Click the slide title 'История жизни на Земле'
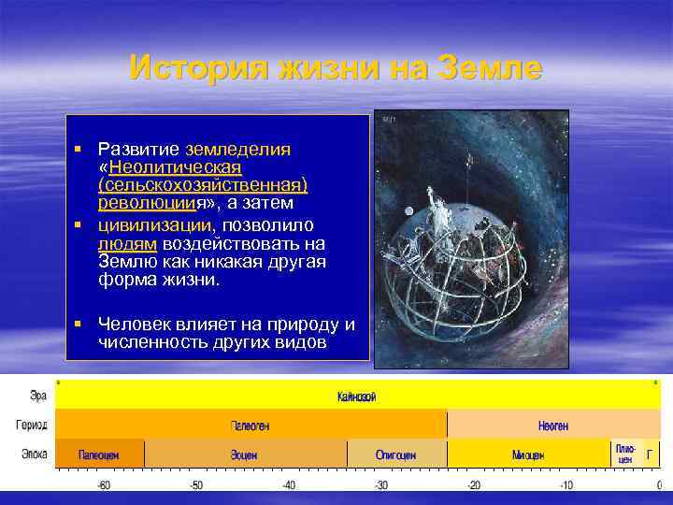point(336,68)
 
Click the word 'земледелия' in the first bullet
point(238,150)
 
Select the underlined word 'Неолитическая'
point(176,167)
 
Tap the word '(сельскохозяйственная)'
point(203,185)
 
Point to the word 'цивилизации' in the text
point(155,225)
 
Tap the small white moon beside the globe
point(408,209)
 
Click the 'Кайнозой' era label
point(356,397)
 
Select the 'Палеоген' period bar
point(250,426)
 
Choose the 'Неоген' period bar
point(552,426)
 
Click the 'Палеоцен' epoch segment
point(99,454)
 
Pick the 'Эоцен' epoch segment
point(245,454)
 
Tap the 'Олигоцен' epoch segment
point(396,454)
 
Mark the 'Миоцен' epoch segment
point(529,454)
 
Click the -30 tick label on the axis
point(381,485)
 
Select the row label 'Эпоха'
point(34,455)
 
